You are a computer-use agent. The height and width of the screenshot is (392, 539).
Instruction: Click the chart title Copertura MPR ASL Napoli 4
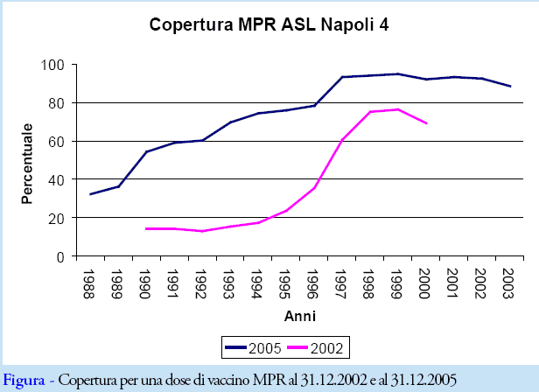[x=269, y=25]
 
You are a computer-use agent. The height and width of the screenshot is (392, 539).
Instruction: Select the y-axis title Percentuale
[x=28, y=163]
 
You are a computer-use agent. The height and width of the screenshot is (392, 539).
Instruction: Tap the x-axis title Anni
[x=300, y=315]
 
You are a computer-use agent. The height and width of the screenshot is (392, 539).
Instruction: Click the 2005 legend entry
[x=252, y=348]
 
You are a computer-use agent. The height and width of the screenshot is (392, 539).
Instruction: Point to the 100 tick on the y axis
[x=54, y=65]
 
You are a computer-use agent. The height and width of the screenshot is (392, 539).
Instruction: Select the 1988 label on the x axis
[x=91, y=280]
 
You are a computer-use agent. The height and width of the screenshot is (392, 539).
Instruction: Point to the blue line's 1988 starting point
[x=91, y=194]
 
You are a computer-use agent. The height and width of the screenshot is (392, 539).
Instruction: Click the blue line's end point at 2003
[x=510, y=86]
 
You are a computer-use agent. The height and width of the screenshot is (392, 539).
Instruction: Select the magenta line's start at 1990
[x=146, y=228]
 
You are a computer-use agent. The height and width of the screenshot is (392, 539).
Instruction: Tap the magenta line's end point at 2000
[x=426, y=123]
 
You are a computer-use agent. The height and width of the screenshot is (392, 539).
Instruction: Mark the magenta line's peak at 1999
[x=398, y=109]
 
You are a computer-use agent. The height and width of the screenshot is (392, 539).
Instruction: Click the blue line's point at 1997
[x=342, y=77]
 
